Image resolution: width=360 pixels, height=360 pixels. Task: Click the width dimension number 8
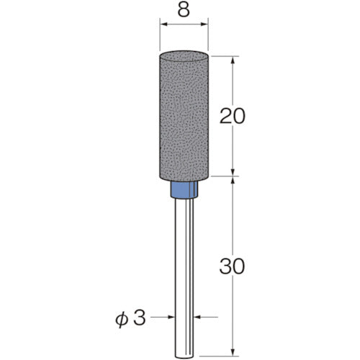tap(184, 11)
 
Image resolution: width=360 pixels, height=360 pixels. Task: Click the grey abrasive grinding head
tap(184, 115)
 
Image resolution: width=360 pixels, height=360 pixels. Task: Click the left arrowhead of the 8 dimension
tap(163, 24)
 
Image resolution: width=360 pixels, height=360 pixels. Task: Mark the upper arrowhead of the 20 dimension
tap(233, 60)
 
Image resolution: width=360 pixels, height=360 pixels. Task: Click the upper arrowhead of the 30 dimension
tap(233, 181)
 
